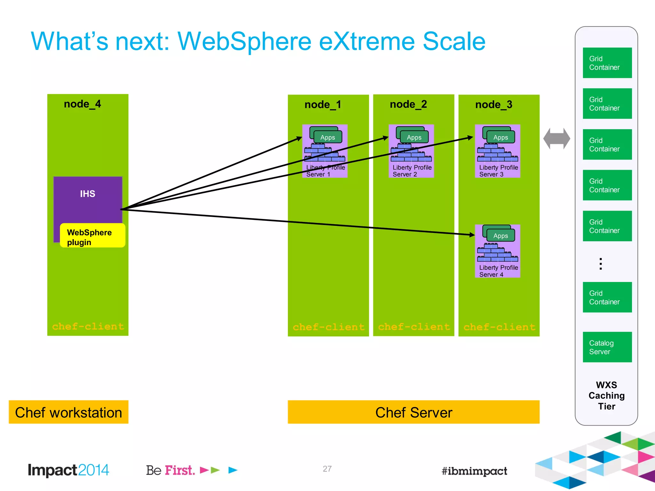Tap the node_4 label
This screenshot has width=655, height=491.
coord(83,104)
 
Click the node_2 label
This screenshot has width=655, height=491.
coord(408,105)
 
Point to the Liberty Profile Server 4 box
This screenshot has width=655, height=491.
coord(497,251)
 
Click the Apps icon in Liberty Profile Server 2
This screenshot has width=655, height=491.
coord(414,137)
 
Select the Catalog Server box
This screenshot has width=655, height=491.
coord(607,347)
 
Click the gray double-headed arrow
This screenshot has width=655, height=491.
coord(556,139)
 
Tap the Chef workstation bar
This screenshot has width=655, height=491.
coord(68,412)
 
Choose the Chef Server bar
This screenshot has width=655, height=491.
coord(414,412)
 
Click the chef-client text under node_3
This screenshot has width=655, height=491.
coord(499,327)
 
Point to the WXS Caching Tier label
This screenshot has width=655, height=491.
coord(606,396)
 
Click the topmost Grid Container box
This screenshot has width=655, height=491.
coord(607,63)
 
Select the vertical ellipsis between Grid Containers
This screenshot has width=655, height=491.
coord(601,264)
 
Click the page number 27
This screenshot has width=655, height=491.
coord(327,469)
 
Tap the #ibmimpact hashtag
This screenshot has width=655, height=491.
coord(474,471)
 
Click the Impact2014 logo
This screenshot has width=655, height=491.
coord(68,470)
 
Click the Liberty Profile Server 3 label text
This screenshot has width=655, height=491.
coord(498,171)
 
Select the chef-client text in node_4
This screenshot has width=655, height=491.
coord(88,326)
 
